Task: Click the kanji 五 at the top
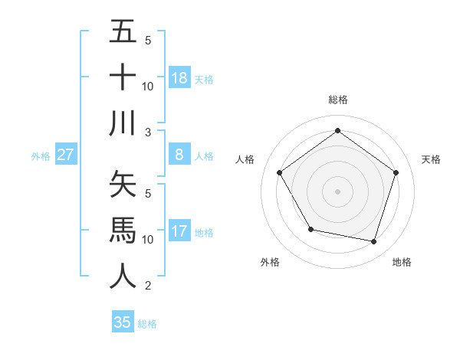click(x=123, y=32)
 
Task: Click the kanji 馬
click(x=123, y=231)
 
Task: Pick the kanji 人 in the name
click(x=123, y=276)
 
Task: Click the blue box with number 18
click(x=179, y=77)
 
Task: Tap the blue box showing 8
click(x=179, y=155)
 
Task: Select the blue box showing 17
click(x=179, y=231)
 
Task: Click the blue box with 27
click(x=66, y=155)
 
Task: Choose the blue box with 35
click(x=123, y=322)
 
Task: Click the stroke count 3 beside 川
click(x=148, y=133)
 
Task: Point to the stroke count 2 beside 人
click(x=148, y=286)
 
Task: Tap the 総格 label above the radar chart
click(x=337, y=100)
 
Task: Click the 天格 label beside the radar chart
click(x=431, y=159)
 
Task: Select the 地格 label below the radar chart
click(x=402, y=262)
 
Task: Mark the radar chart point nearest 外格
click(x=310, y=229)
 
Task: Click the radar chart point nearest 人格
click(x=280, y=173)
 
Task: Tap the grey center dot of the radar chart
click(x=337, y=191)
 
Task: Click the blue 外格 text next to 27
click(x=41, y=155)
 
